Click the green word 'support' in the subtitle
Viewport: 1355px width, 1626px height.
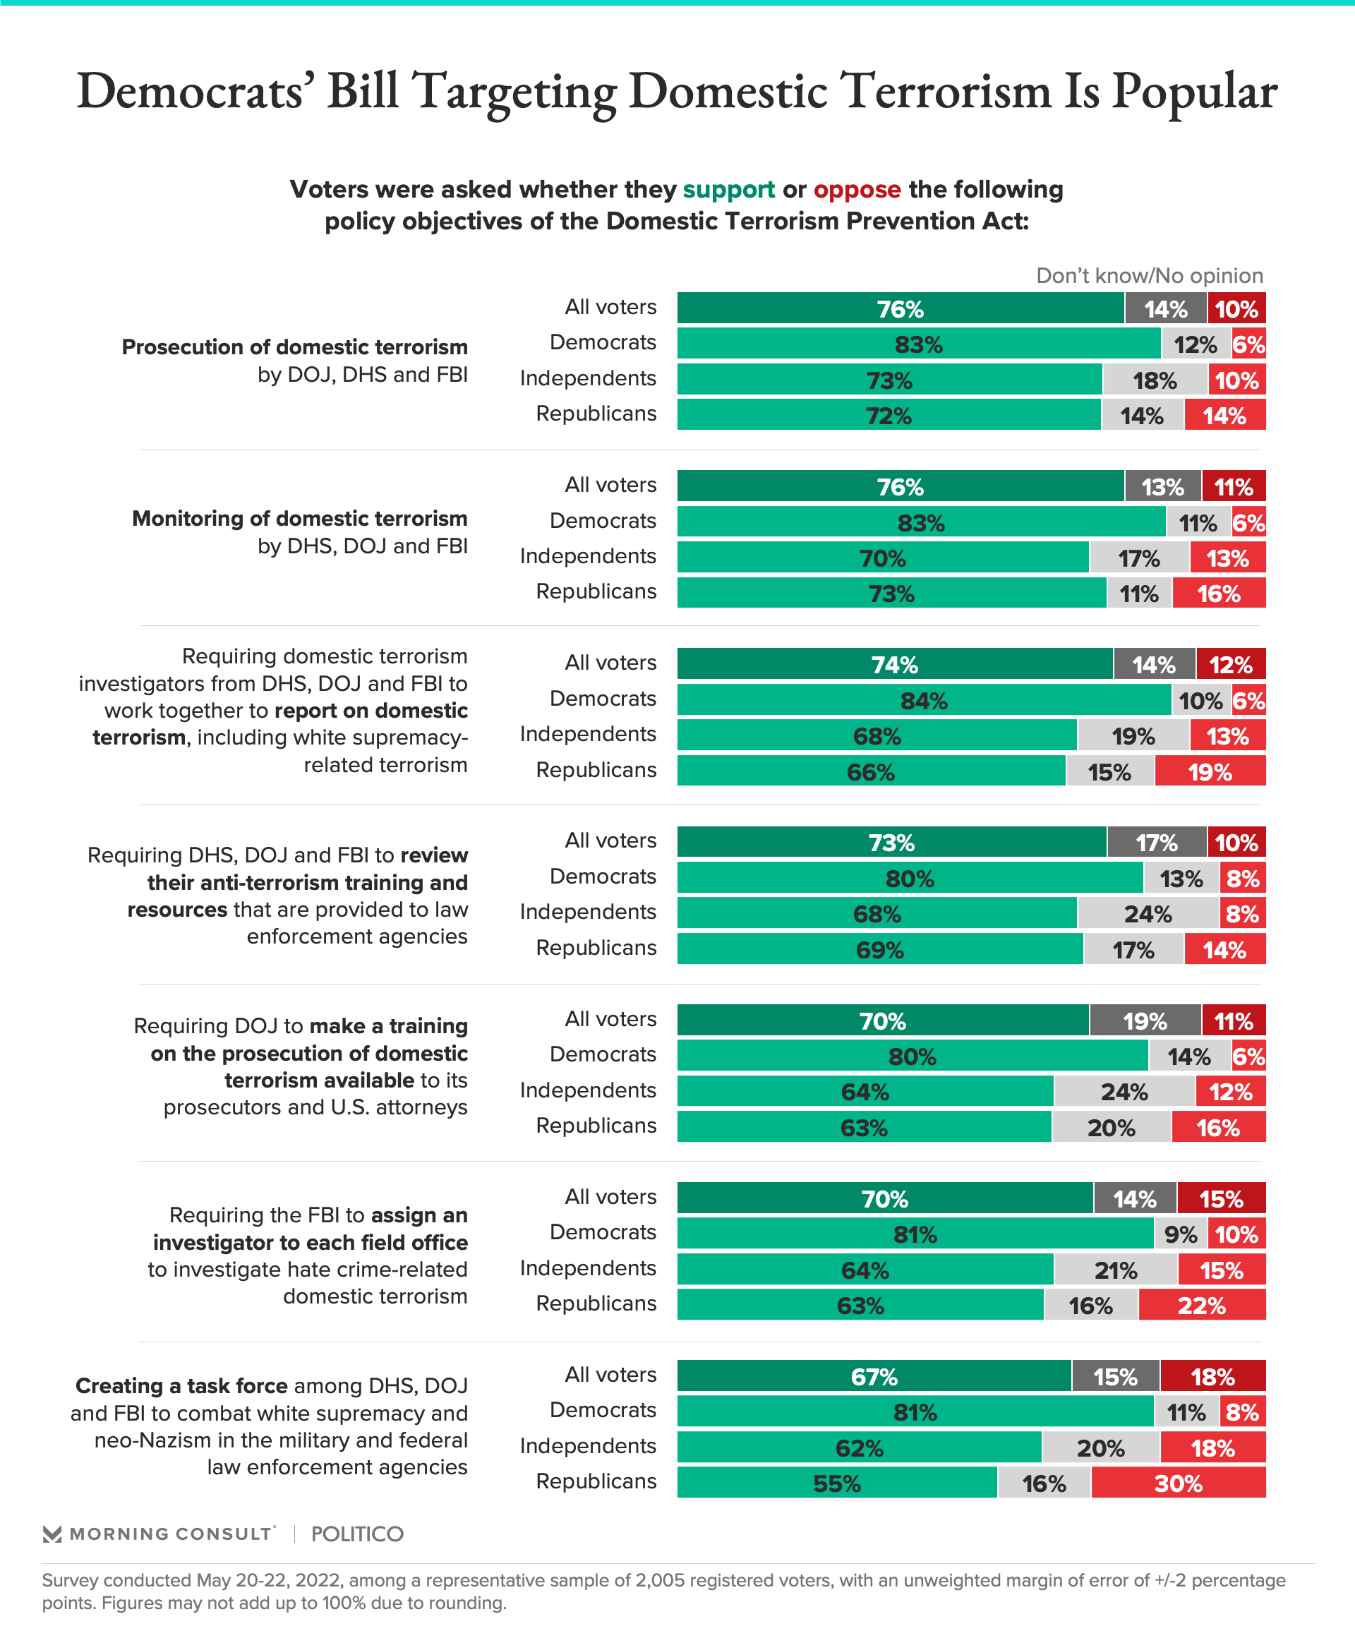[728, 190]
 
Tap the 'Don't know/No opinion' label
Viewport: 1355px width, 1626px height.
[1149, 276]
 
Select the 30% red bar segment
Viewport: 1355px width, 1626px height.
[1178, 1483]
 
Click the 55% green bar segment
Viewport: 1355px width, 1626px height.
[836, 1483]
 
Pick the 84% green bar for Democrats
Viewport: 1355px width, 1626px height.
[923, 701]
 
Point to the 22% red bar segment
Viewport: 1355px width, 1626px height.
[1201, 1306]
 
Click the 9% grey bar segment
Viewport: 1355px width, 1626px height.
[1181, 1234]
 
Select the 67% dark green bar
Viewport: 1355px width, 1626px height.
[874, 1377]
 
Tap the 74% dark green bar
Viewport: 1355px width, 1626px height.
[894, 664]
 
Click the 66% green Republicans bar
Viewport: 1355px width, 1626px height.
[870, 772]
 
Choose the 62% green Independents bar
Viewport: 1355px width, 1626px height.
[859, 1448]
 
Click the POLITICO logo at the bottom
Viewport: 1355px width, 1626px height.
[357, 1534]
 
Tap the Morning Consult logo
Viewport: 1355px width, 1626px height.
[159, 1534]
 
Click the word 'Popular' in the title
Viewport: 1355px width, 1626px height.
[1194, 91]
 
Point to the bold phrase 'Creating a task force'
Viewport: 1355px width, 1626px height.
[181, 1386]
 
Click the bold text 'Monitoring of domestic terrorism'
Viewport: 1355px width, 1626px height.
[300, 518]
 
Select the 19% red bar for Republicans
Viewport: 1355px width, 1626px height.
[1210, 772]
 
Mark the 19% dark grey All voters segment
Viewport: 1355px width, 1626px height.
[1145, 1021]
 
